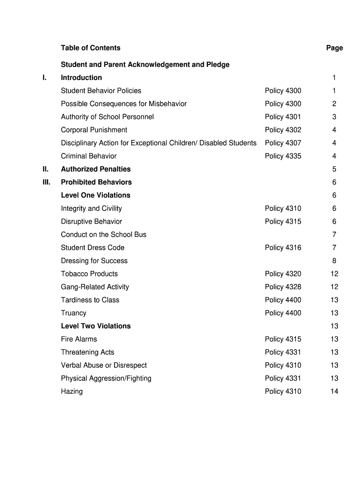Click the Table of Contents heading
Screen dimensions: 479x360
pyautogui.click(x=90, y=48)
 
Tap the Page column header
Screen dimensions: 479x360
pyautogui.click(x=334, y=48)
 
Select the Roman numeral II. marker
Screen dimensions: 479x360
pyautogui.click(x=44, y=169)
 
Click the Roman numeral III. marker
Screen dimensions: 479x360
pyautogui.click(x=45, y=182)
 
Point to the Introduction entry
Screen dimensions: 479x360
pyautogui.click(x=81, y=78)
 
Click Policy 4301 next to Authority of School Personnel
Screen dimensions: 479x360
pyautogui.click(x=283, y=117)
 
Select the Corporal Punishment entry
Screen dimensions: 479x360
pyautogui.click(x=94, y=130)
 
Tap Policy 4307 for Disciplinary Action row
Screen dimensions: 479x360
pyautogui.click(x=283, y=143)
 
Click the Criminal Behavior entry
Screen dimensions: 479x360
pyautogui.click(x=89, y=156)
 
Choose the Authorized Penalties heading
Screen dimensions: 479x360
pyautogui.click(x=96, y=169)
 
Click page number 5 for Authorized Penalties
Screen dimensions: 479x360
pyautogui.click(x=334, y=169)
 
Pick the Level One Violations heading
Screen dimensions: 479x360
pyautogui.click(x=95, y=196)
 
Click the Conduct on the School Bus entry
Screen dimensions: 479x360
pyautogui.click(x=103, y=235)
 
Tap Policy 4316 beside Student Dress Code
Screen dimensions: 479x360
pyautogui.click(x=283, y=248)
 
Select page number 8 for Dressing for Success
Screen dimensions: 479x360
pyautogui.click(x=334, y=261)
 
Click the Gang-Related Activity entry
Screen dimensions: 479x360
pyautogui.click(x=95, y=287)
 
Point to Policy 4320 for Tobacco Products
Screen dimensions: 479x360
pyautogui.click(x=283, y=274)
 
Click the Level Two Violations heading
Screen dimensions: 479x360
pyautogui.click(x=96, y=326)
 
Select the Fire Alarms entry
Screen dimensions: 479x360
pyautogui.click(x=79, y=339)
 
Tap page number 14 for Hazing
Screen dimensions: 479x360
pyautogui.click(x=334, y=392)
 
